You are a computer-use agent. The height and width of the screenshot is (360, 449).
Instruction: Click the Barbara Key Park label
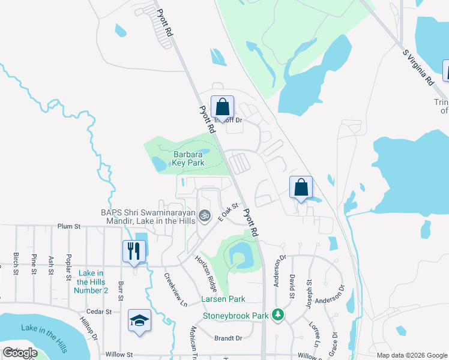tap(189, 158)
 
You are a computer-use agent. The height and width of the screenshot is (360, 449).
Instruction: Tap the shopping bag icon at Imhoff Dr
tap(222, 108)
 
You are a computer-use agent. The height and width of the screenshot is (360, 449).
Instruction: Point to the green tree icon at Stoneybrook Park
tap(277, 314)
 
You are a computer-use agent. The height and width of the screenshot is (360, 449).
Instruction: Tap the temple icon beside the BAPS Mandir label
tap(205, 214)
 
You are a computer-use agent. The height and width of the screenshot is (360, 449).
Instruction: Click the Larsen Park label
tap(223, 299)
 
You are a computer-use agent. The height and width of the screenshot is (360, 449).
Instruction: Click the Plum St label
tap(69, 226)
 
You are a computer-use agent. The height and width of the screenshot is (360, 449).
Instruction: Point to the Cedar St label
tap(100, 312)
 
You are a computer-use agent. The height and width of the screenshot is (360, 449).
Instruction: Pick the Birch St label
tap(16, 263)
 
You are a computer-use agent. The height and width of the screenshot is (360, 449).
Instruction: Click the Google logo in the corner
tap(20, 353)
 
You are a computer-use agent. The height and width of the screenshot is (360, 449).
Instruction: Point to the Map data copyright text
tap(412, 355)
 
